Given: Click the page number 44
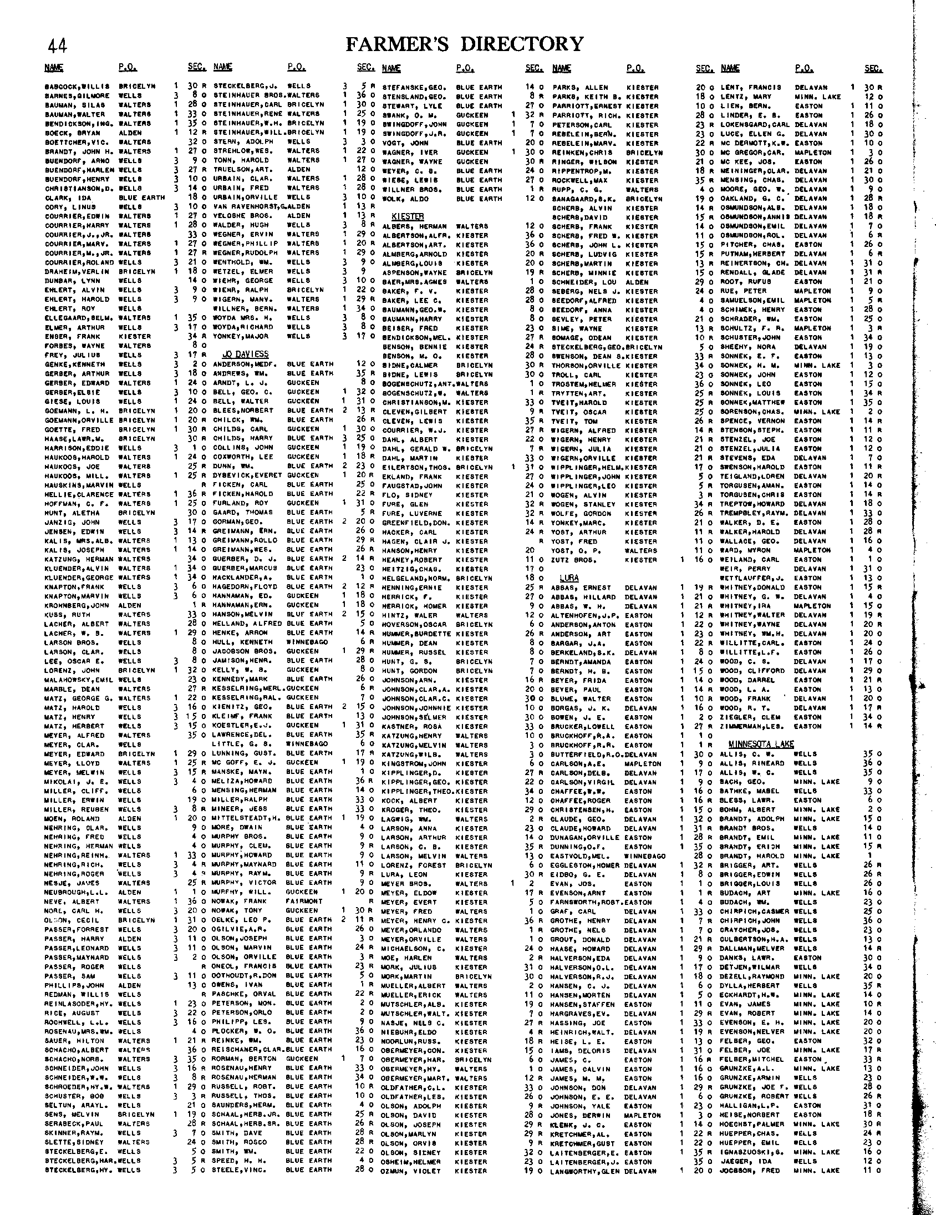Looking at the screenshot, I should click(58, 45).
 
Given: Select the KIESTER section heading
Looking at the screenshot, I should click(408, 216).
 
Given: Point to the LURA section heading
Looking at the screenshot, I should click(568, 578).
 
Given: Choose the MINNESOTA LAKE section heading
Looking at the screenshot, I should click(761, 745).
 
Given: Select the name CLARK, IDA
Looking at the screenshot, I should click(63, 198).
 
